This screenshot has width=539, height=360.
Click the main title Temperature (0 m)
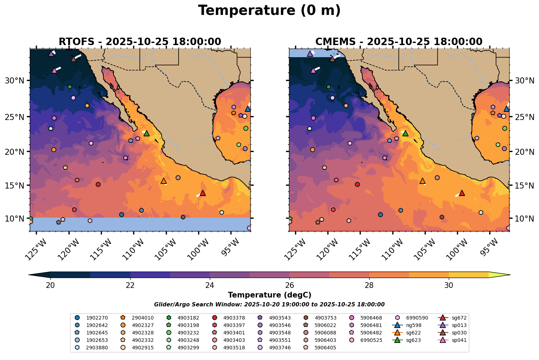[x=269, y=11]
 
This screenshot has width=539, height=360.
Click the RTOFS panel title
[x=140, y=42]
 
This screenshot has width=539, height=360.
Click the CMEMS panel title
[x=399, y=42]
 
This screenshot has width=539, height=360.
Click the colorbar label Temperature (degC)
[x=269, y=295]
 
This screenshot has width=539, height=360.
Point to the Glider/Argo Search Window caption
[x=269, y=305]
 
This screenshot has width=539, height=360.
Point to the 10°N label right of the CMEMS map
[x=524, y=218]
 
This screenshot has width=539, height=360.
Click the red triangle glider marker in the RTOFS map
[x=203, y=193]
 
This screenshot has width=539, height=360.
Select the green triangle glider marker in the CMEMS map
[x=405, y=133]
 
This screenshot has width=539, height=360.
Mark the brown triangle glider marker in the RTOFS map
[x=73, y=59]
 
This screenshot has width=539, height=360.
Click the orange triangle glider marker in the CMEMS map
[x=423, y=181]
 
